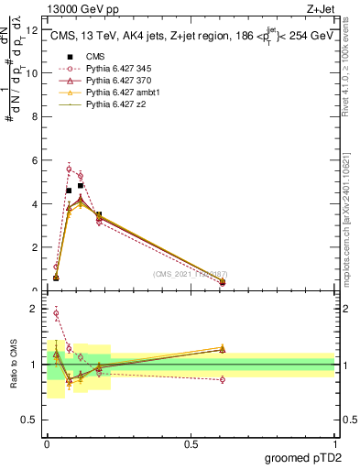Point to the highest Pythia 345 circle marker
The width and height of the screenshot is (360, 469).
pos(69,169)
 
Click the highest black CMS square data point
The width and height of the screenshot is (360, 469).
pos(81,186)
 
